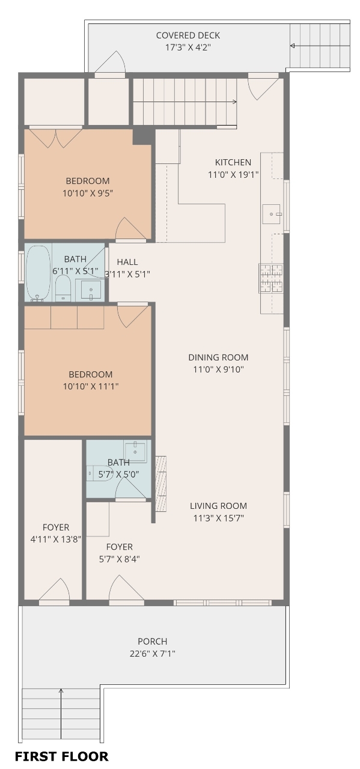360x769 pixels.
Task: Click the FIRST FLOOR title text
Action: pyautogui.click(x=61, y=756)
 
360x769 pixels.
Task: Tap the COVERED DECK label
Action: pyautogui.click(x=188, y=35)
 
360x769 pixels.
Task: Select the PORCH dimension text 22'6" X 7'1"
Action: pyautogui.click(x=152, y=653)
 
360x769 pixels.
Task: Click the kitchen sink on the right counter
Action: pyautogui.click(x=272, y=214)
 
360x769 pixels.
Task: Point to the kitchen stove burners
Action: pyautogui.click(x=271, y=278)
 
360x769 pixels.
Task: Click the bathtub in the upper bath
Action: pyautogui.click(x=38, y=273)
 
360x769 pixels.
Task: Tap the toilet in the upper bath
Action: pyautogui.click(x=63, y=288)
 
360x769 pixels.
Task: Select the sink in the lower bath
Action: pyautogui.click(x=135, y=451)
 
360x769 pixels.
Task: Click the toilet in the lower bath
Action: pyautogui.click(x=100, y=473)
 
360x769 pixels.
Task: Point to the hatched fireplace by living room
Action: pyautogui.click(x=160, y=484)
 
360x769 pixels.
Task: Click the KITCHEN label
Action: pyautogui.click(x=233, y=162)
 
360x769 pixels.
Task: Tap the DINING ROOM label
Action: pyautogui.click(x=218, y=357)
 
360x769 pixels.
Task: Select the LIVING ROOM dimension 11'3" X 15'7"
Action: pyautogui.click(x=218, y=518)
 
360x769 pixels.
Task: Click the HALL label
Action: pyautogui.click(x=127, y=262)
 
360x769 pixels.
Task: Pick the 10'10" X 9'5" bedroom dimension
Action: pyautogui.click(x=88, y=193)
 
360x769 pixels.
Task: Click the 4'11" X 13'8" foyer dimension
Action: pyautogui.click(x=56, y=539)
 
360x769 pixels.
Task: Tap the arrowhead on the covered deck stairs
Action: pyautogui.click(x=292, y=46)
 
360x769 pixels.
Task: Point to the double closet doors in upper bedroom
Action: pyautogui.click(x=56, y=138)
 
